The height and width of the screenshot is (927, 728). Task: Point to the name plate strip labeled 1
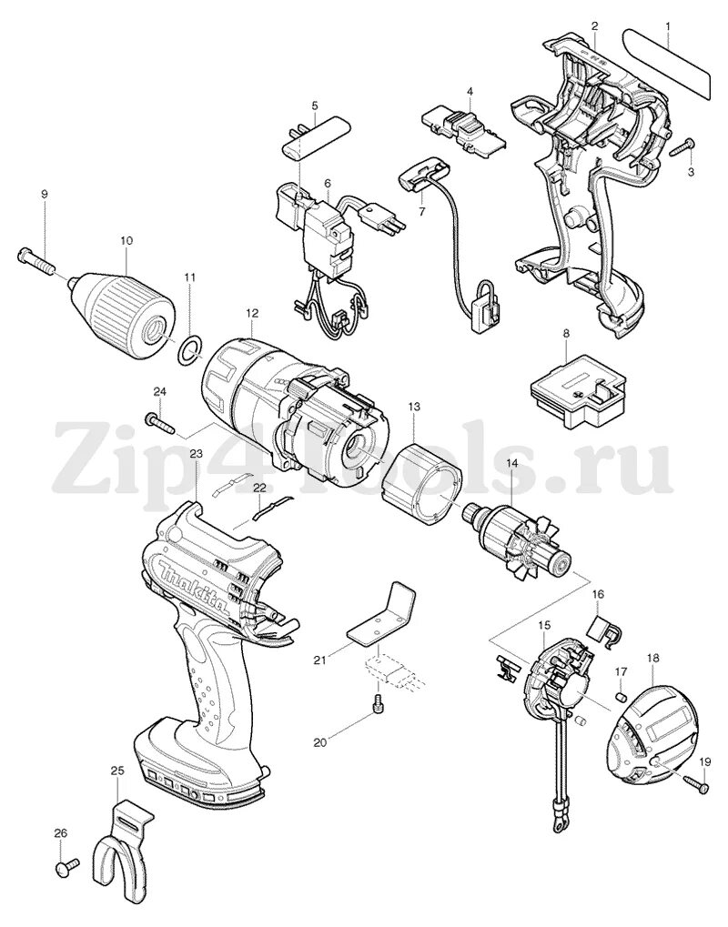[x=667, y=62]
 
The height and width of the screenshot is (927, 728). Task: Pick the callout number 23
[x=196, y=452]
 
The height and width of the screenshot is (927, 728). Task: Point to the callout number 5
[x=314, y=106]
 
